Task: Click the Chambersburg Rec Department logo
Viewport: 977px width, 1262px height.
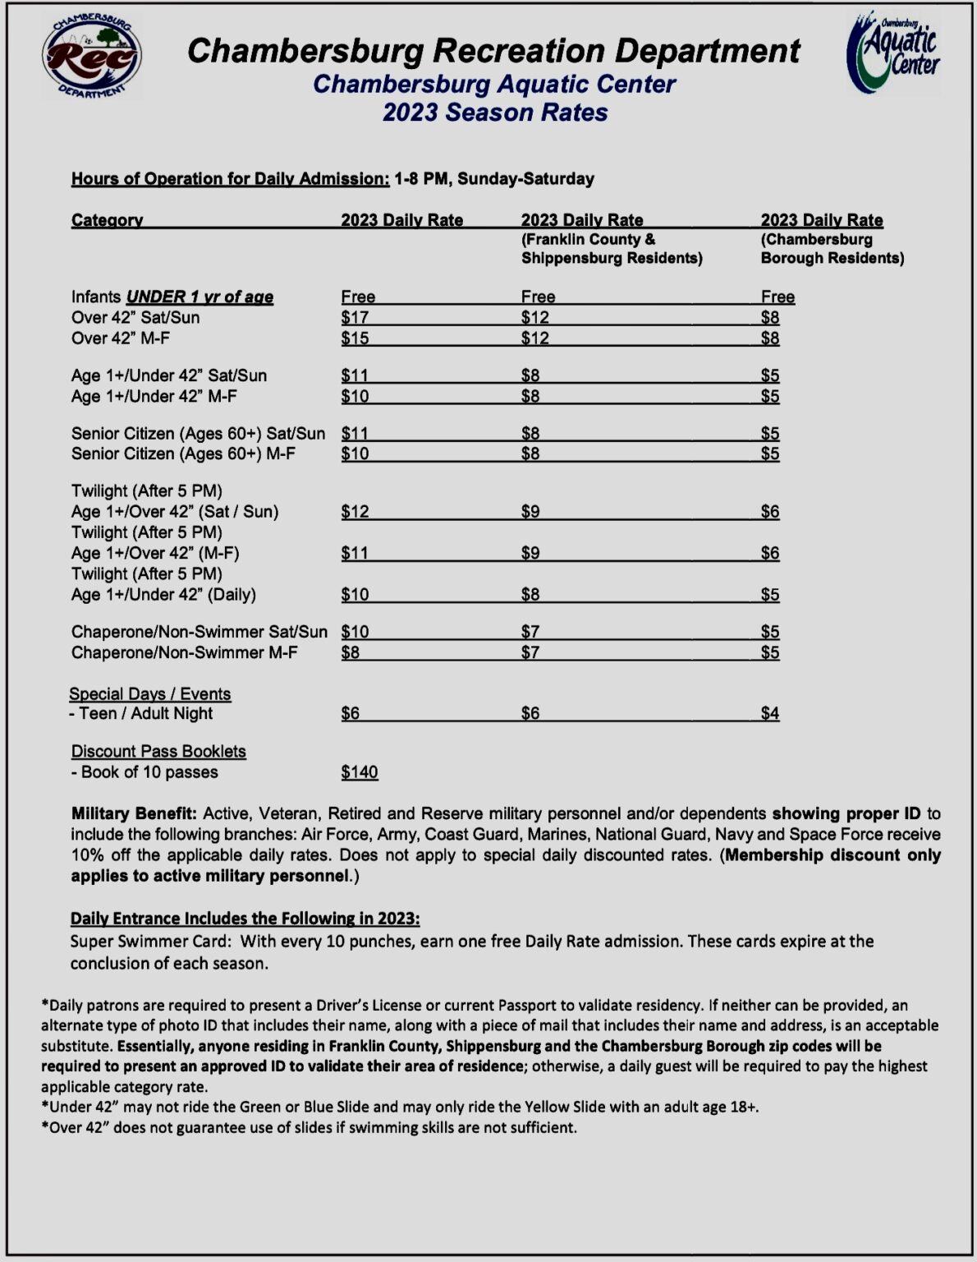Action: point(92,56)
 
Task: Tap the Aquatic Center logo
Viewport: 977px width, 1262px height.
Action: point(893,53)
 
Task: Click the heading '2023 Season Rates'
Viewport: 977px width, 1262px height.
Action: point(495,113)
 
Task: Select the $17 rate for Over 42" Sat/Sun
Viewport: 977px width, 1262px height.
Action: point(355,318)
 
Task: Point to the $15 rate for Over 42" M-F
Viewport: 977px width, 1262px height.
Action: point(355,339)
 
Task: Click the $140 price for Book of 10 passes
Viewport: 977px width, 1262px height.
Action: point(360,772)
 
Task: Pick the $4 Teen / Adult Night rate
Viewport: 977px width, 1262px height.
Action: point(769,714)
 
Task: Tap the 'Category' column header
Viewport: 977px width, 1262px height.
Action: point(107,220)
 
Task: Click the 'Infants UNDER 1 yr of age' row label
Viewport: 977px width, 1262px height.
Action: point(172,297)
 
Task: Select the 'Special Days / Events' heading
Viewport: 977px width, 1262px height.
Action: point(150,694)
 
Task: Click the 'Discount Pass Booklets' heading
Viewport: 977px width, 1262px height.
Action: point(158,752)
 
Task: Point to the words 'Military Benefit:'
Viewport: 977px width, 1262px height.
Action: point(134,814)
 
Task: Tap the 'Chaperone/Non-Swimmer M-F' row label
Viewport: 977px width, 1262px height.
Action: point(185,653)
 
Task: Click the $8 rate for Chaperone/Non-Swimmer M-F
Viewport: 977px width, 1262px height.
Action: point(351,653)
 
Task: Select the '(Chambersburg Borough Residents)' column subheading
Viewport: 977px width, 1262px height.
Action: point(832,249)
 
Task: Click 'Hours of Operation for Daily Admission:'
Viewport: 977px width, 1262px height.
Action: point(230,179)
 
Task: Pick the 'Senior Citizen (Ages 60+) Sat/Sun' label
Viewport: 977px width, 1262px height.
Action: point(198,434)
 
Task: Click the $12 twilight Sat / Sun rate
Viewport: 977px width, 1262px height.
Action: point(355,512)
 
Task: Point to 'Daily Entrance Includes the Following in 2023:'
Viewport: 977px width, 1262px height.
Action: point(245,919)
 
